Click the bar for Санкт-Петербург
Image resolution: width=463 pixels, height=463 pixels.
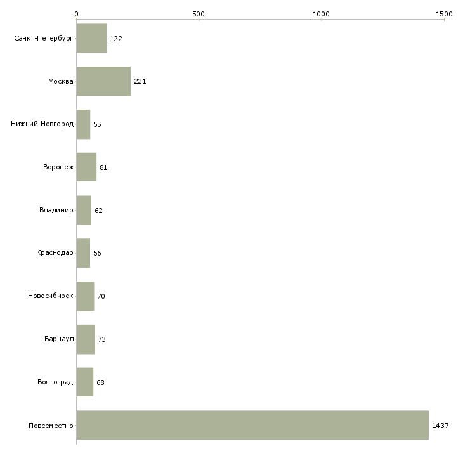click(x=91, y=39)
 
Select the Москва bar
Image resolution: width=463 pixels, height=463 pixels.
click(x=103, y=81)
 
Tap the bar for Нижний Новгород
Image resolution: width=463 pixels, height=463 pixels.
click(x=83, y=124)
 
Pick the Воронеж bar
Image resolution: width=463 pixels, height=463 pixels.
click(x=86, y=167)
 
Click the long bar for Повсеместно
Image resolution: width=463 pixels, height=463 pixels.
click(x=252, y=425)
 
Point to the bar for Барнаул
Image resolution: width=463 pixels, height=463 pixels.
click(x=86, y=339)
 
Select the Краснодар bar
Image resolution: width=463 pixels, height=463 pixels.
click(x=83, y=253)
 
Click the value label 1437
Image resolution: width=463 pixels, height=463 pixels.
click(x=440, y=426)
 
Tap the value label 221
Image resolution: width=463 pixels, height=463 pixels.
click(x=140, y=81)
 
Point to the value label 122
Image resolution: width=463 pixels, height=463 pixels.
click(x=115, y=39)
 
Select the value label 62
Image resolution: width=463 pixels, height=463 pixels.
click(x=98, y=211)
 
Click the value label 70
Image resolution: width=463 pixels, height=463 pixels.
click(x=101, y=296)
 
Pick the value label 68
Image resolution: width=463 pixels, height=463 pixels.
click(x=100, y=382)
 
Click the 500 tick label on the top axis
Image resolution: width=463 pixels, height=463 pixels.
click(x=199, y=14)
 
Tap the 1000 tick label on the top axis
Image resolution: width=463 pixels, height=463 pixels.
click(x=321, y=14)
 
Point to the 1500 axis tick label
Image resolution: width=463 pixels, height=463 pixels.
click(x=444, y=14)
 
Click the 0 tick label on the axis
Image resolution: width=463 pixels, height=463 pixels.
click(x=77, y=14)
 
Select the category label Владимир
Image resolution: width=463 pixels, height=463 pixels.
click(x=56, y=210)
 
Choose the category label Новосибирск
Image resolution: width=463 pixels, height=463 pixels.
click(x=51, y=296)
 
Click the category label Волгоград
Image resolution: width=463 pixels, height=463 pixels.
click(x=55, y=382)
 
